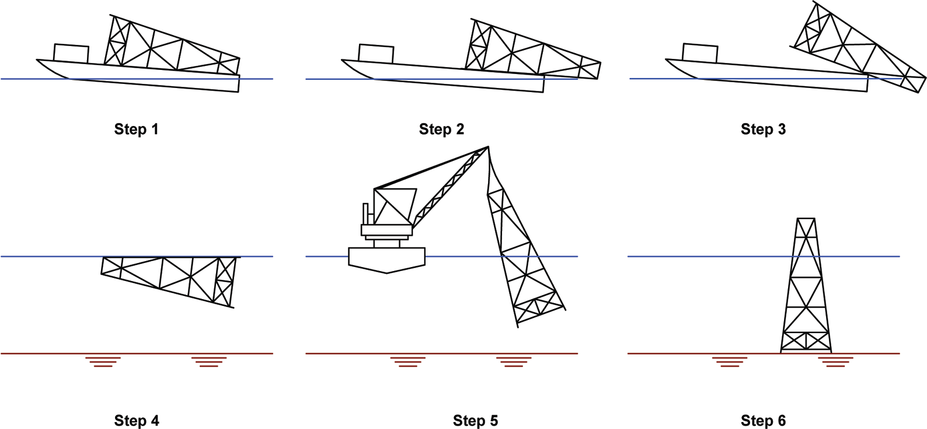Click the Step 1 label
pyautogui.click(x=136, y=129)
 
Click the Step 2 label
pyautogui.click(x=441, y=129)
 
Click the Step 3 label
pyautogui.click(x=763, y=129)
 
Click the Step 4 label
pyautogui.click(x=136, y=420)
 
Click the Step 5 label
pyautogui.click(x=475, y=420)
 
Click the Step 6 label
pyautogui.click(x=763, y=420)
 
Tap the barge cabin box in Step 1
pyautogui.click(x=71, y=53)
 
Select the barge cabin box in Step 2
pyautogui.click(x=376, y=54)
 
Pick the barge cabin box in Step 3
pyautogui.click(x=700, y=53)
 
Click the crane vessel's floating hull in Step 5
pyautogui.click(x=386, y=259)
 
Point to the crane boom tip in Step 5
pyautogui.click(x=487, y=147)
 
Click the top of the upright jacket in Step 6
pyautogui.click(x=806, y=220)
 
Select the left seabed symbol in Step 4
pyautogui.click(x=103, y=361)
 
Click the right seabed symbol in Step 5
pyautogui.click(x=514, y=361)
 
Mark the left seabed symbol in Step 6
pyautogui.click(x=730, y=361)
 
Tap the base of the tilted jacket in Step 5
pyautogui.click(x=540, y=312)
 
